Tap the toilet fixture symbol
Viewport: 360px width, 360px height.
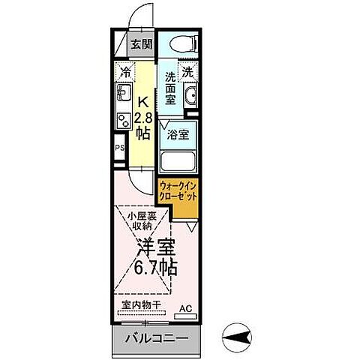pyautogui.click(x=180, y=43)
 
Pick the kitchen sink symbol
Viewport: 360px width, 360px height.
pyautogui.click(x=123, y=95)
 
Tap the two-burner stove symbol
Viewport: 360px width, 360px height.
pyautogui.click(x=123, y=121)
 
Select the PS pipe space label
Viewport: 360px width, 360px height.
pyautogui.click(x=119, y=148)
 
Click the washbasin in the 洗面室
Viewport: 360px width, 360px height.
pyautogui.click(x=190, y=97)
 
